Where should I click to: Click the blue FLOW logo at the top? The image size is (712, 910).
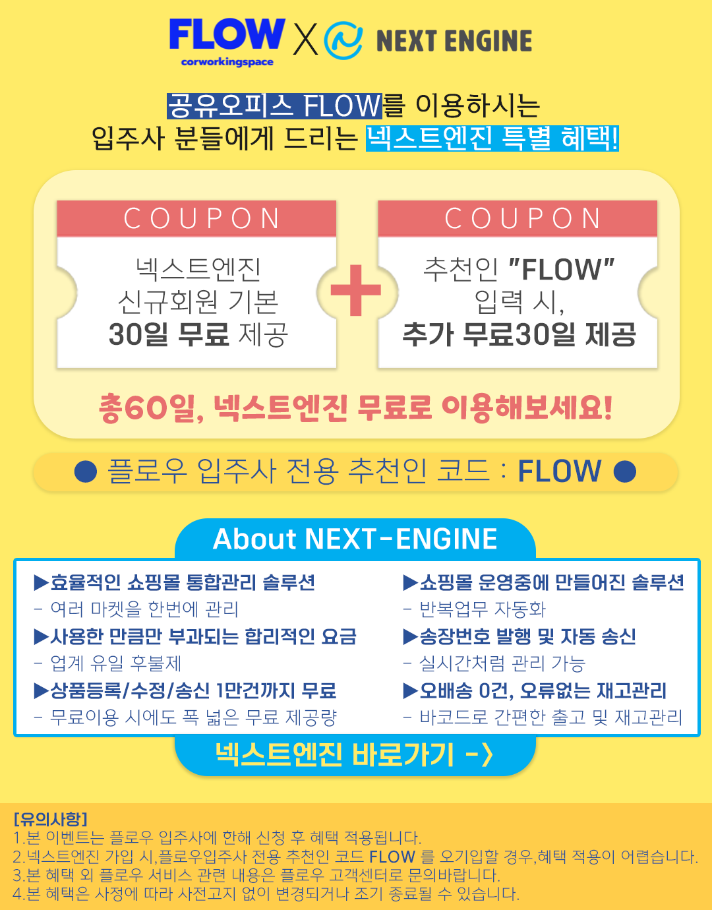[226, 34]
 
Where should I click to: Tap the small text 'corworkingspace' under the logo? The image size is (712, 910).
[227, 62]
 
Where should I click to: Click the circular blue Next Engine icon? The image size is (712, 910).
[343, 40]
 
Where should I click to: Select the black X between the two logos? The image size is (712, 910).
[305, 40]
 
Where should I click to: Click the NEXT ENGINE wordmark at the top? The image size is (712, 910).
[454, 41]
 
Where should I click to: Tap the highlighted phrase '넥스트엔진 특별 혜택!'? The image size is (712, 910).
[492, 138]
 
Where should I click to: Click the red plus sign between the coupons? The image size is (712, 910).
[356, 290]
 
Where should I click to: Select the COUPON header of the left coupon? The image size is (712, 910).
[196, 219]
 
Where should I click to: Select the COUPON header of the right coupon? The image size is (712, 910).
[518, 219]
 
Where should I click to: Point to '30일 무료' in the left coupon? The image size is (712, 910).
[169, 334]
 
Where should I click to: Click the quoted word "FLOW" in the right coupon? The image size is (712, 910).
[562, 269]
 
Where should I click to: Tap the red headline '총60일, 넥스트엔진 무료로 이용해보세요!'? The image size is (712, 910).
[356, 408]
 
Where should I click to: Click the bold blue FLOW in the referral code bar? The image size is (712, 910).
[559, 471]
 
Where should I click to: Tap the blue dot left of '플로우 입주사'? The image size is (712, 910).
[86, 471]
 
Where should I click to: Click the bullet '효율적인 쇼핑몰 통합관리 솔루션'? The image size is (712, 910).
[175, 583]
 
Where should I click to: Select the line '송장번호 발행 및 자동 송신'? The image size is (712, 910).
[519, 637]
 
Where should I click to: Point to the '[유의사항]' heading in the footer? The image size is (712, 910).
[50, 819]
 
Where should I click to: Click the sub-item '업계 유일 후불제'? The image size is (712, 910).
[115, 663]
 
